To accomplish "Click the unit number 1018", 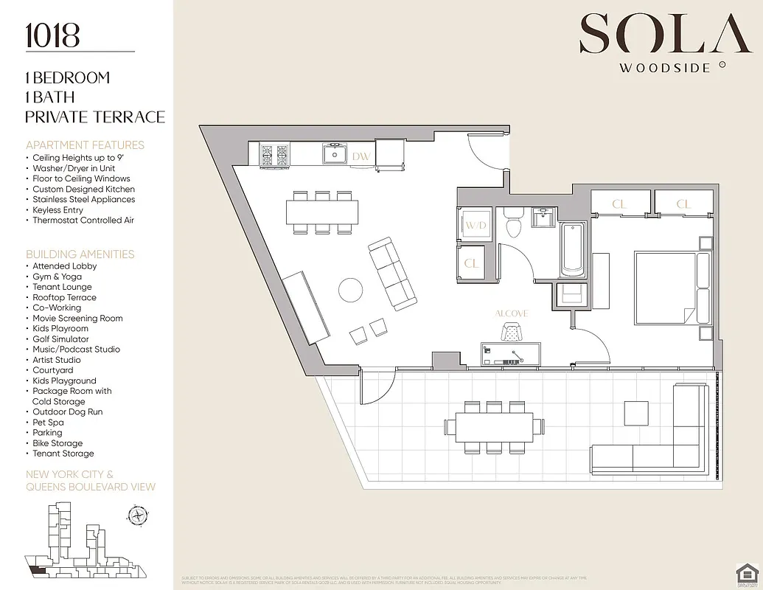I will pos(52,35).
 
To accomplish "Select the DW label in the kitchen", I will pos(360,156).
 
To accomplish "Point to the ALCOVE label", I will pos(511,313).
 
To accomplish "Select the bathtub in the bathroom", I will pos(572,249).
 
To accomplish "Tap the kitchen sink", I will pos(335,153).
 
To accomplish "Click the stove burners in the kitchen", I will pos(274,155).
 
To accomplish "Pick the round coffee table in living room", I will pos(351,290).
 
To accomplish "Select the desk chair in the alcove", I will pos(511,332).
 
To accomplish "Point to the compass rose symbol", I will pos(136,514).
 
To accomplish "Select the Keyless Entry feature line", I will pos(58,210).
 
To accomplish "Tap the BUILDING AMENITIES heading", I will pos(80,254).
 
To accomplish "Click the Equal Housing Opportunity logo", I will pos(747,573).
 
